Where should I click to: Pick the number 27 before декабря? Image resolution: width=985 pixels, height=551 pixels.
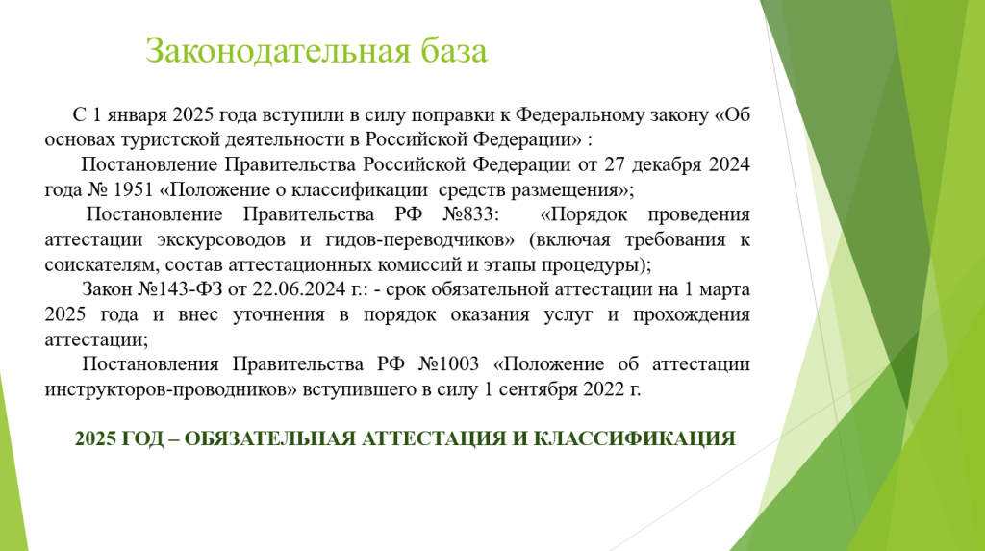click(615, 164)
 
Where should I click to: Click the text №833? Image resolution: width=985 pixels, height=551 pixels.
click(471, 214)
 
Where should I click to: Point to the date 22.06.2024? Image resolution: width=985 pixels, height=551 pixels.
click(299, 289)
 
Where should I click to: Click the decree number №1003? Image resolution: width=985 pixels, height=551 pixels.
click(448, 364)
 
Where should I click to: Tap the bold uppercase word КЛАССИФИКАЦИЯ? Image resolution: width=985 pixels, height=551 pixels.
click(635, 439)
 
